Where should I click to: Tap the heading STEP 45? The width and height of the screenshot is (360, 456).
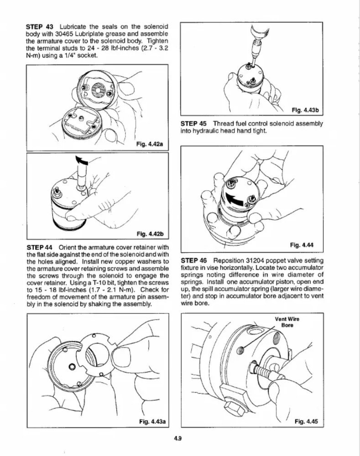pos(194,124)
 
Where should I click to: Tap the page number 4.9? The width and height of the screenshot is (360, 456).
pos(178,439)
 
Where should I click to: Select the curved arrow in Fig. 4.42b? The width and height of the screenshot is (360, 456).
pos(82,161)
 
